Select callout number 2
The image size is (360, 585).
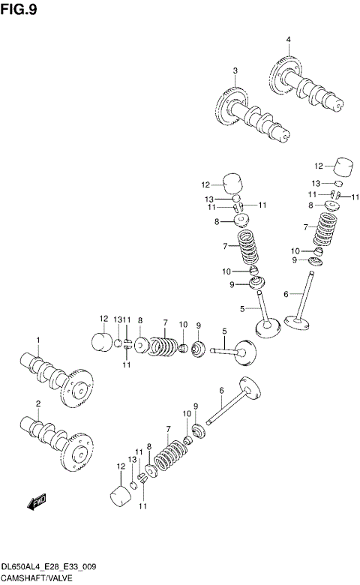37,405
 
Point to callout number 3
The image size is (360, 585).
234,71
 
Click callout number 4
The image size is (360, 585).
287,39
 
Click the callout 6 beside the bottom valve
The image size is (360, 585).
222,390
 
